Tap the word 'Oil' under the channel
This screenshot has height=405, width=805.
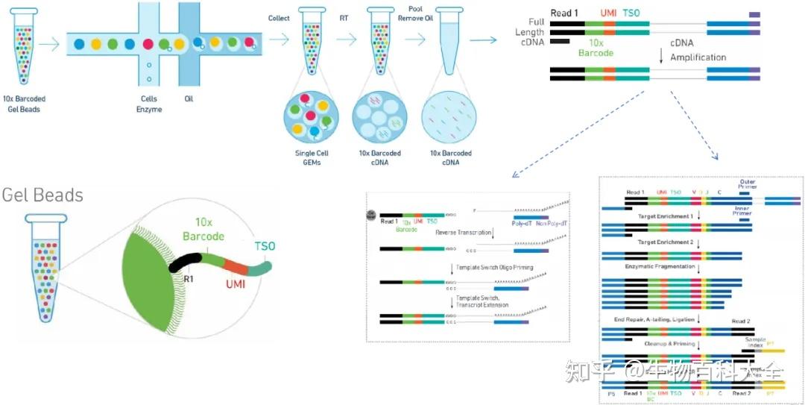click(189, 98)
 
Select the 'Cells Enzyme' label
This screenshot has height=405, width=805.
click(151, 104)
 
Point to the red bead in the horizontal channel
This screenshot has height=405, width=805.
click(148, 44)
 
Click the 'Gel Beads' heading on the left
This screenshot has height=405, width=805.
click(42, 195)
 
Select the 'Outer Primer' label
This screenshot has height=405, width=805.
click(747, 184)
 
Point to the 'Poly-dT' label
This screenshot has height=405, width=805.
click(522, 222)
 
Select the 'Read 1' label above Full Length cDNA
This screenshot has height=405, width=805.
click(565, 13)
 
